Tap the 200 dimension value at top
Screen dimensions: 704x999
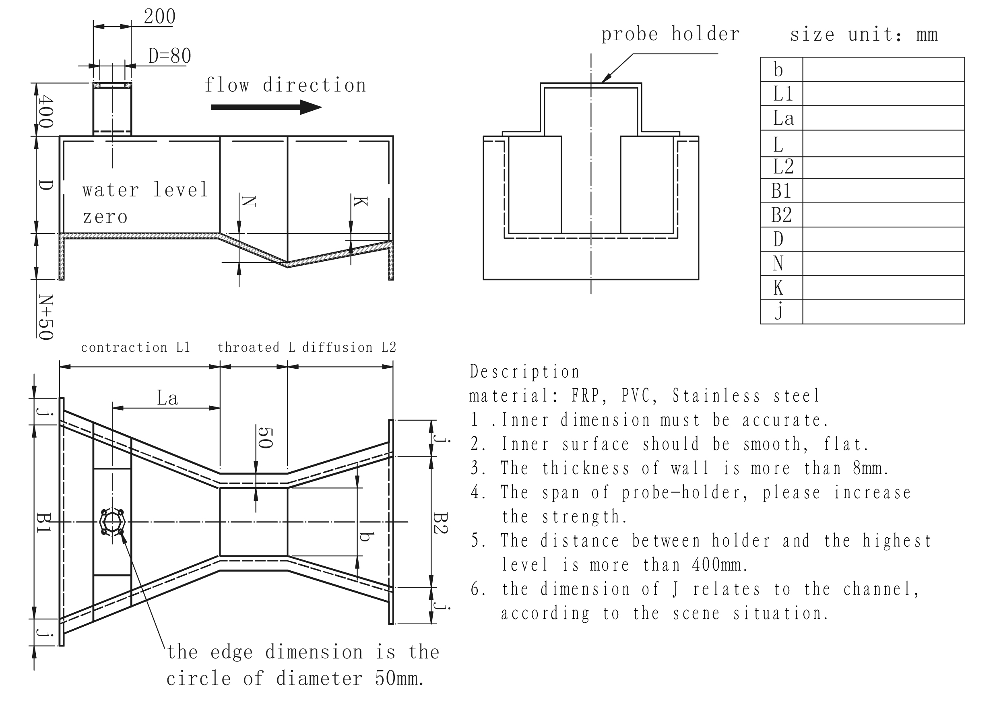coord(159,17)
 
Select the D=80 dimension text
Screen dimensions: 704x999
coord(170,56)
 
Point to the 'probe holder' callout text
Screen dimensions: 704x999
coord(670,34)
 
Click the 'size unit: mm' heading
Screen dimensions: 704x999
coord(863,34)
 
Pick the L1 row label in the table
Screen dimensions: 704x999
coord(783,93)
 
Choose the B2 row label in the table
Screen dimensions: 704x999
coord(781,215)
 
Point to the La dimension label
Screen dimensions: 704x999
coord(167,398)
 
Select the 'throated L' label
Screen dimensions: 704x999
coord(256,347)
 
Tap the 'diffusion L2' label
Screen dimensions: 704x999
coord(349,347)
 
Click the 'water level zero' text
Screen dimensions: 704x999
coord(145,203)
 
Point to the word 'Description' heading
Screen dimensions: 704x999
coord(525,372)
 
